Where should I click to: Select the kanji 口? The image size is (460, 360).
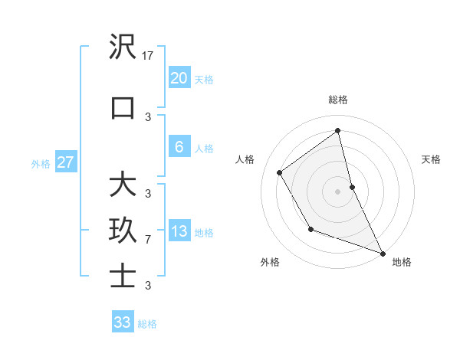coord(123,108)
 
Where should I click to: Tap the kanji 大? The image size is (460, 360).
coord(123,184)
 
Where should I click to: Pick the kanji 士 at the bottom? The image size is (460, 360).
coord(123,277)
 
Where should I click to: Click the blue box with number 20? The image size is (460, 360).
coord(179,78)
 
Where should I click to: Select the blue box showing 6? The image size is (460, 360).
coord(179,147)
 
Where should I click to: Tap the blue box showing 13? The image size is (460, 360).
coord(179,232)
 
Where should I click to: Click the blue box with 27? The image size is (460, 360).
coord(65,162)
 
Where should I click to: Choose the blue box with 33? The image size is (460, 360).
coord(122,322)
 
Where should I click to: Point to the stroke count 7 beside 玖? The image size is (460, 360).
coord(148,240)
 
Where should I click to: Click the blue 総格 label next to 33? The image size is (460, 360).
coord(148,324)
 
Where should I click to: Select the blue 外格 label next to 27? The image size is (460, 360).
coord(41,163)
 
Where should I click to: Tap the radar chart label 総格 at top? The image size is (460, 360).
coord(338,100)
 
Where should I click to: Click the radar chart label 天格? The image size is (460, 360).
coord(432,159)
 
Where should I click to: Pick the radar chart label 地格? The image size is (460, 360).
coord(402,262)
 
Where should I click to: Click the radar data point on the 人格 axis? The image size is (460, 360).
coord(280,172)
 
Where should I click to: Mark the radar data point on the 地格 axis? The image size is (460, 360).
coord(383,253)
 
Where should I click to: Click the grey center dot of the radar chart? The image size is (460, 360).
coord(338,191)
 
